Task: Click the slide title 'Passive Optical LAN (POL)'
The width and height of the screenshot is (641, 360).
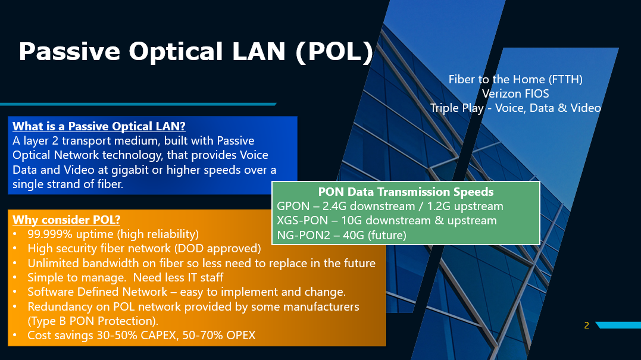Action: (x=196, y=52)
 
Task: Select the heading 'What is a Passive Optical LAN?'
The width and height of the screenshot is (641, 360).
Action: (x=99, y=126)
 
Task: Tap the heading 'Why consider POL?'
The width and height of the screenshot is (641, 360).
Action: (x=66, y=220)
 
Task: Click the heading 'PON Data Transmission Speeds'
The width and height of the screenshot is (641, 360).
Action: (x=406, y=192)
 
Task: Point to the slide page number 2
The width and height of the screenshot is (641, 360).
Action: (x=587, y=325)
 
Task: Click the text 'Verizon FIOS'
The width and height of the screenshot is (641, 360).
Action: (x=515, y=93)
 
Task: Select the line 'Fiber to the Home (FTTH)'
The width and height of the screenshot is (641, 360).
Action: (x=515, y=79)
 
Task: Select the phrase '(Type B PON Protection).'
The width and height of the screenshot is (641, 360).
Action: (x=93, y=321)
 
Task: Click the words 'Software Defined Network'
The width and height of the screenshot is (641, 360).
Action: (x=97, y=292)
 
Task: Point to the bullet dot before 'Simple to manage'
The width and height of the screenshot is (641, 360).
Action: (x=15, y=277)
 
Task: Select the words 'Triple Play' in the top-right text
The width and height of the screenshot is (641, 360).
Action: (x=456, y=108)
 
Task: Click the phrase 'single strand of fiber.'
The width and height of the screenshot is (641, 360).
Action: (x=68, y=184)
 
